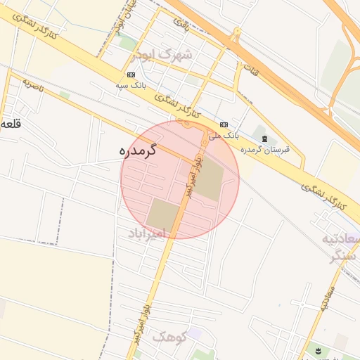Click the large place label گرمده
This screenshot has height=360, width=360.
click(138, 150)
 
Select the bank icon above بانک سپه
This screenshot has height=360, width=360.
click(131, 74)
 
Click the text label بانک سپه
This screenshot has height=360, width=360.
click(131, 85)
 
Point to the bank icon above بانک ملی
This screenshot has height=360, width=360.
click(224, 124)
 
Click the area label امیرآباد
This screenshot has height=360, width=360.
click(146, 233)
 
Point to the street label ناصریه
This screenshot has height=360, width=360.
click(32, 86)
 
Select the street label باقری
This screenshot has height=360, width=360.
click(183, 24)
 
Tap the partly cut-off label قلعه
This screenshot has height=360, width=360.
click(9, 124)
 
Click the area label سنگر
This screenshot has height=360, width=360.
click(346, 257)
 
